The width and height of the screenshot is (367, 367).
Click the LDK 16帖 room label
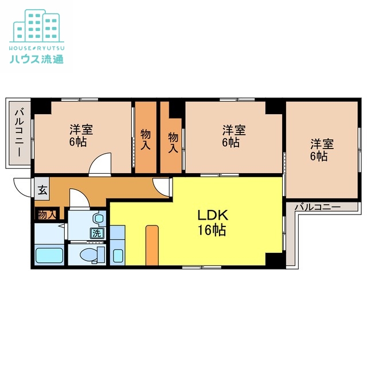213,223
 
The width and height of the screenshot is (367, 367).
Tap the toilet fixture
91,253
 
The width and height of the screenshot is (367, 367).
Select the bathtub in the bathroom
50,255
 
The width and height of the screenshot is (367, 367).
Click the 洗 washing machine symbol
96,233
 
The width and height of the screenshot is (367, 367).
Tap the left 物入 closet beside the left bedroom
146,138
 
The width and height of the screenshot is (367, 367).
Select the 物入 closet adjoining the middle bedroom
172,138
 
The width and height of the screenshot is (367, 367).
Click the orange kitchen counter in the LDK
151,245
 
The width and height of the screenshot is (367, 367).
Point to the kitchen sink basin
118,255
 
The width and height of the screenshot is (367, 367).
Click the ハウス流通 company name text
36,58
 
